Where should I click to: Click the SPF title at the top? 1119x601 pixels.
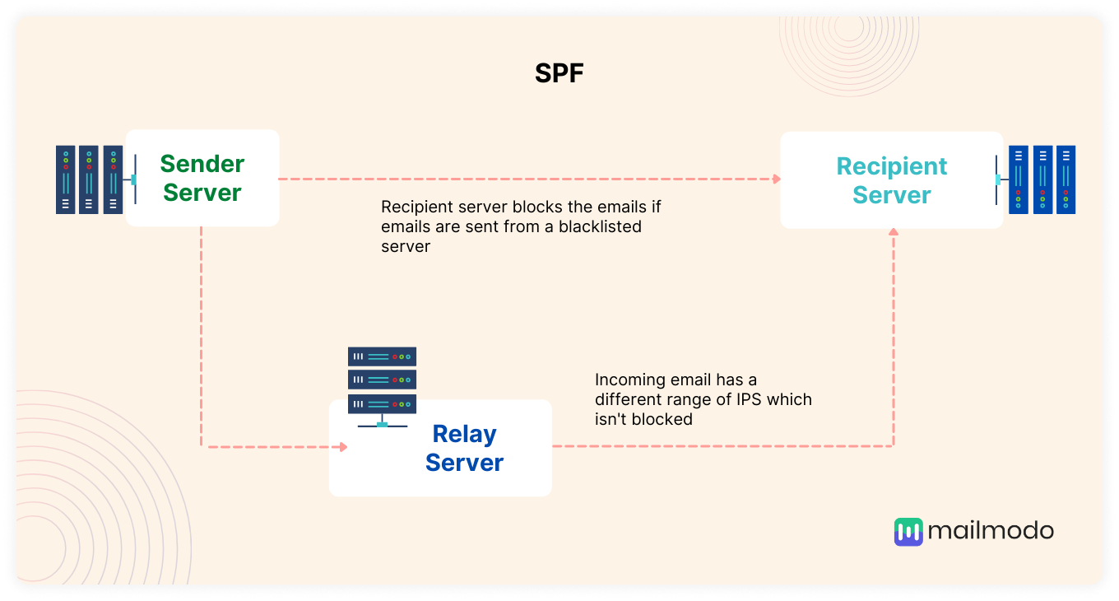(559, 73)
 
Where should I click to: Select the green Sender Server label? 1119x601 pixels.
(202, 178)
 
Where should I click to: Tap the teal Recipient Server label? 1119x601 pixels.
(892, 180)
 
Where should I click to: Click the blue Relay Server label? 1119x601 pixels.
(464, 448)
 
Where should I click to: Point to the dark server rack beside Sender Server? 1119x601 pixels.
(89, 179)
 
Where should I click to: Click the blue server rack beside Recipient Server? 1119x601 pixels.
(1042, 179)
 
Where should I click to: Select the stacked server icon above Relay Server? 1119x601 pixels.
(382, 380)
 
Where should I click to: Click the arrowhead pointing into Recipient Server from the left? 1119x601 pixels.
(775, 179)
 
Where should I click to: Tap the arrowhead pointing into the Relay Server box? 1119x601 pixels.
(343, 447)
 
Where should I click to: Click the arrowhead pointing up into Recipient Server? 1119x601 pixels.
(894, 234)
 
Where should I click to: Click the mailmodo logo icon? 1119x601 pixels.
(908, 532)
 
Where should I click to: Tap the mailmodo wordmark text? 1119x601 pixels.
(991, 531)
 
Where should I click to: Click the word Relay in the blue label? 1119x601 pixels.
(464, 434)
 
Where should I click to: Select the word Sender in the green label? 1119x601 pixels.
(202, 164)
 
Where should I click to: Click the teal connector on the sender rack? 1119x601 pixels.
(133, 179)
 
